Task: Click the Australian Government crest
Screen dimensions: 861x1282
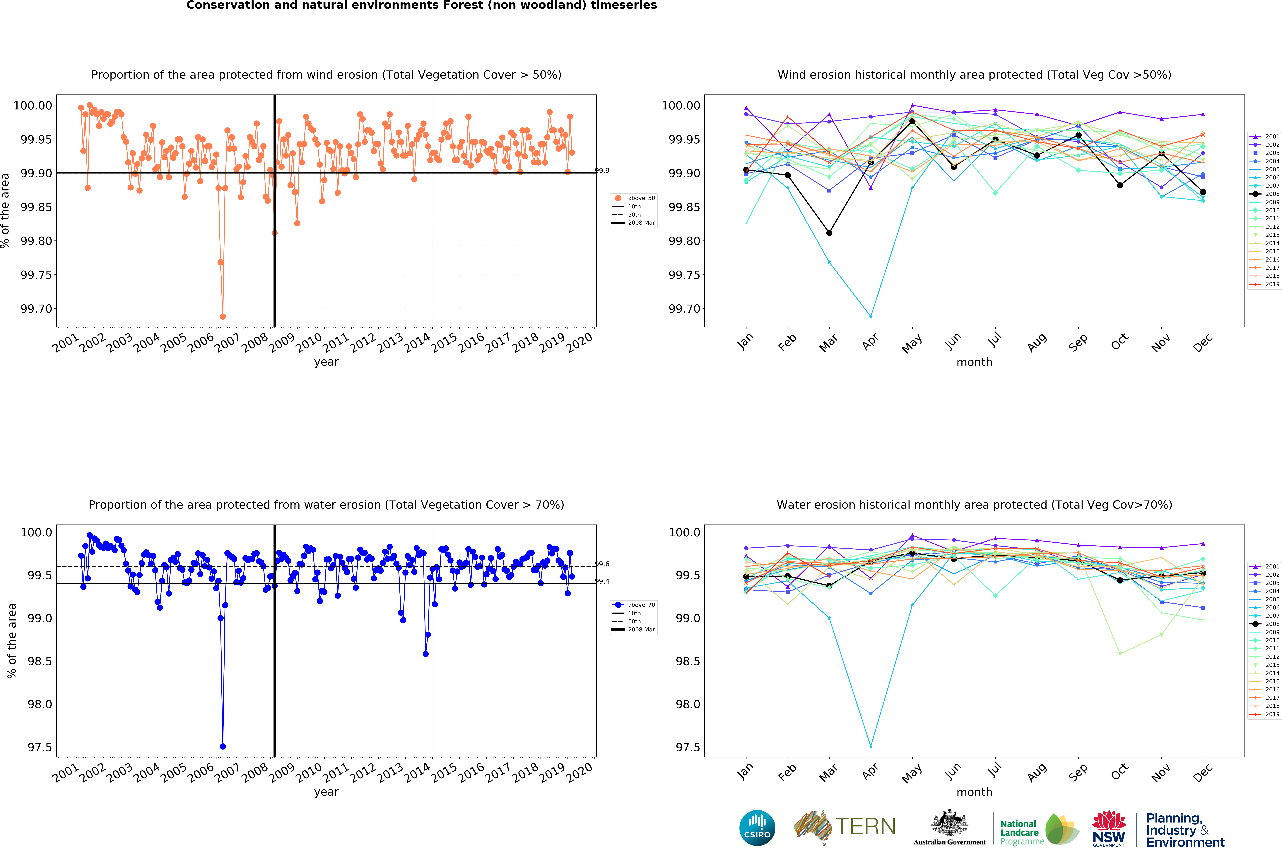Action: [949, 824]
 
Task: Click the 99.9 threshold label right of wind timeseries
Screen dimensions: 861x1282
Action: [602, 171]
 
